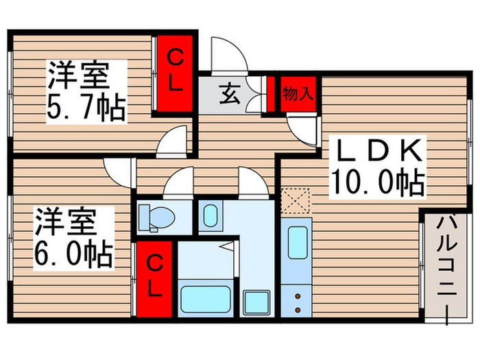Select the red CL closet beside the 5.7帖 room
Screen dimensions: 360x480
(175, 71)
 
